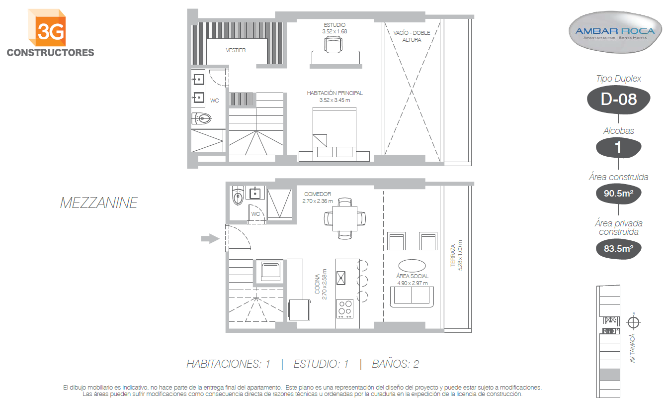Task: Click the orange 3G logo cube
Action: (47, 28)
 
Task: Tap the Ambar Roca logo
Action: (615, 32)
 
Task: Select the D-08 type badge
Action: (619, 100)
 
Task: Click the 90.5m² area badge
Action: (619, 194)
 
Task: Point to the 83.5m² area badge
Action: (619, 248)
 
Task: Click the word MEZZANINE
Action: (98, 203)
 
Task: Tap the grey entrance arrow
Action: (210, 238)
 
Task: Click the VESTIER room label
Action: (236, 51)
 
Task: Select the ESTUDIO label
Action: (334, 25)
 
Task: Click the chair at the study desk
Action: (333, 44)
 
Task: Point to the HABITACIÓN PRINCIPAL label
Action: (335, 94)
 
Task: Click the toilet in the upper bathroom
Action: (202, 118)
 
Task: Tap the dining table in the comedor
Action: (344, 218)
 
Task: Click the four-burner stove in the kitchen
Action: (345, 308)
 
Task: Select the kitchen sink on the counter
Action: (341, 278)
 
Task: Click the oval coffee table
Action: (412, 266)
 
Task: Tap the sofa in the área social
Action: (412, 297)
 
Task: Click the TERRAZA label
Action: (453, 256)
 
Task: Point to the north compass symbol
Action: (633, 322)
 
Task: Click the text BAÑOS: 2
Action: (396, 364)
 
